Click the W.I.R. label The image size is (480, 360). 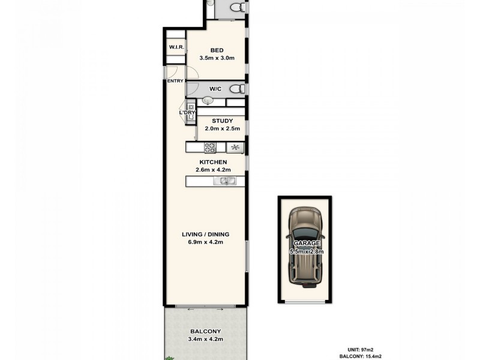coord(176,47)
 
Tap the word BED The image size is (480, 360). coord(216,50)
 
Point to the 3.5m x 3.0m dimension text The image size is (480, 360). coord(216,58)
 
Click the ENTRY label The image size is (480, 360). coord(175,81)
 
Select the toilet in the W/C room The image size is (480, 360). coord(238,89)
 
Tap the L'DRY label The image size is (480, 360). coord(187,113)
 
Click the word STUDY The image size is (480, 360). coord(221,121)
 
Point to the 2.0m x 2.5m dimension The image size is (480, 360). coord(221,128)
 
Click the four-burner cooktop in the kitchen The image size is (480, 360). coord(210,148)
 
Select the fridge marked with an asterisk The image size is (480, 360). coord(235,148)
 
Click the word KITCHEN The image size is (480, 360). coord(213,162)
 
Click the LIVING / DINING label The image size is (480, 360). coord(206,235)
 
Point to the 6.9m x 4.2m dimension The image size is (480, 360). coord(206,242)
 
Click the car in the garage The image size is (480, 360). coord(307,247)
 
